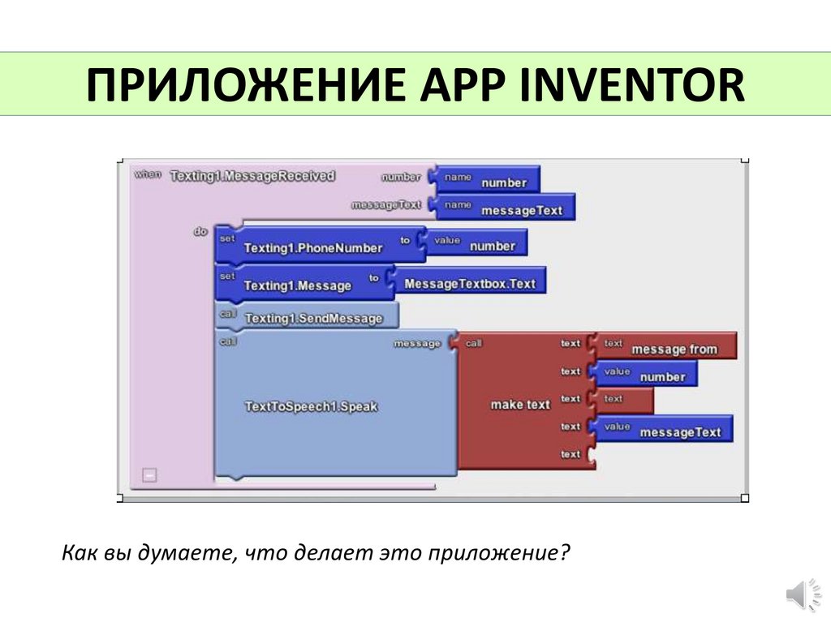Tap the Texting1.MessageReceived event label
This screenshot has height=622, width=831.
[x=252, y=176]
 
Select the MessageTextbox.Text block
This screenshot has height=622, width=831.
[x=470, y=283]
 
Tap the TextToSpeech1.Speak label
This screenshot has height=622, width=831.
[x=311, y=406]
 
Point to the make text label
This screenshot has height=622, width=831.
[x=520, y=404]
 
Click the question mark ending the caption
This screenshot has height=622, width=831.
[x=566, y=554]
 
